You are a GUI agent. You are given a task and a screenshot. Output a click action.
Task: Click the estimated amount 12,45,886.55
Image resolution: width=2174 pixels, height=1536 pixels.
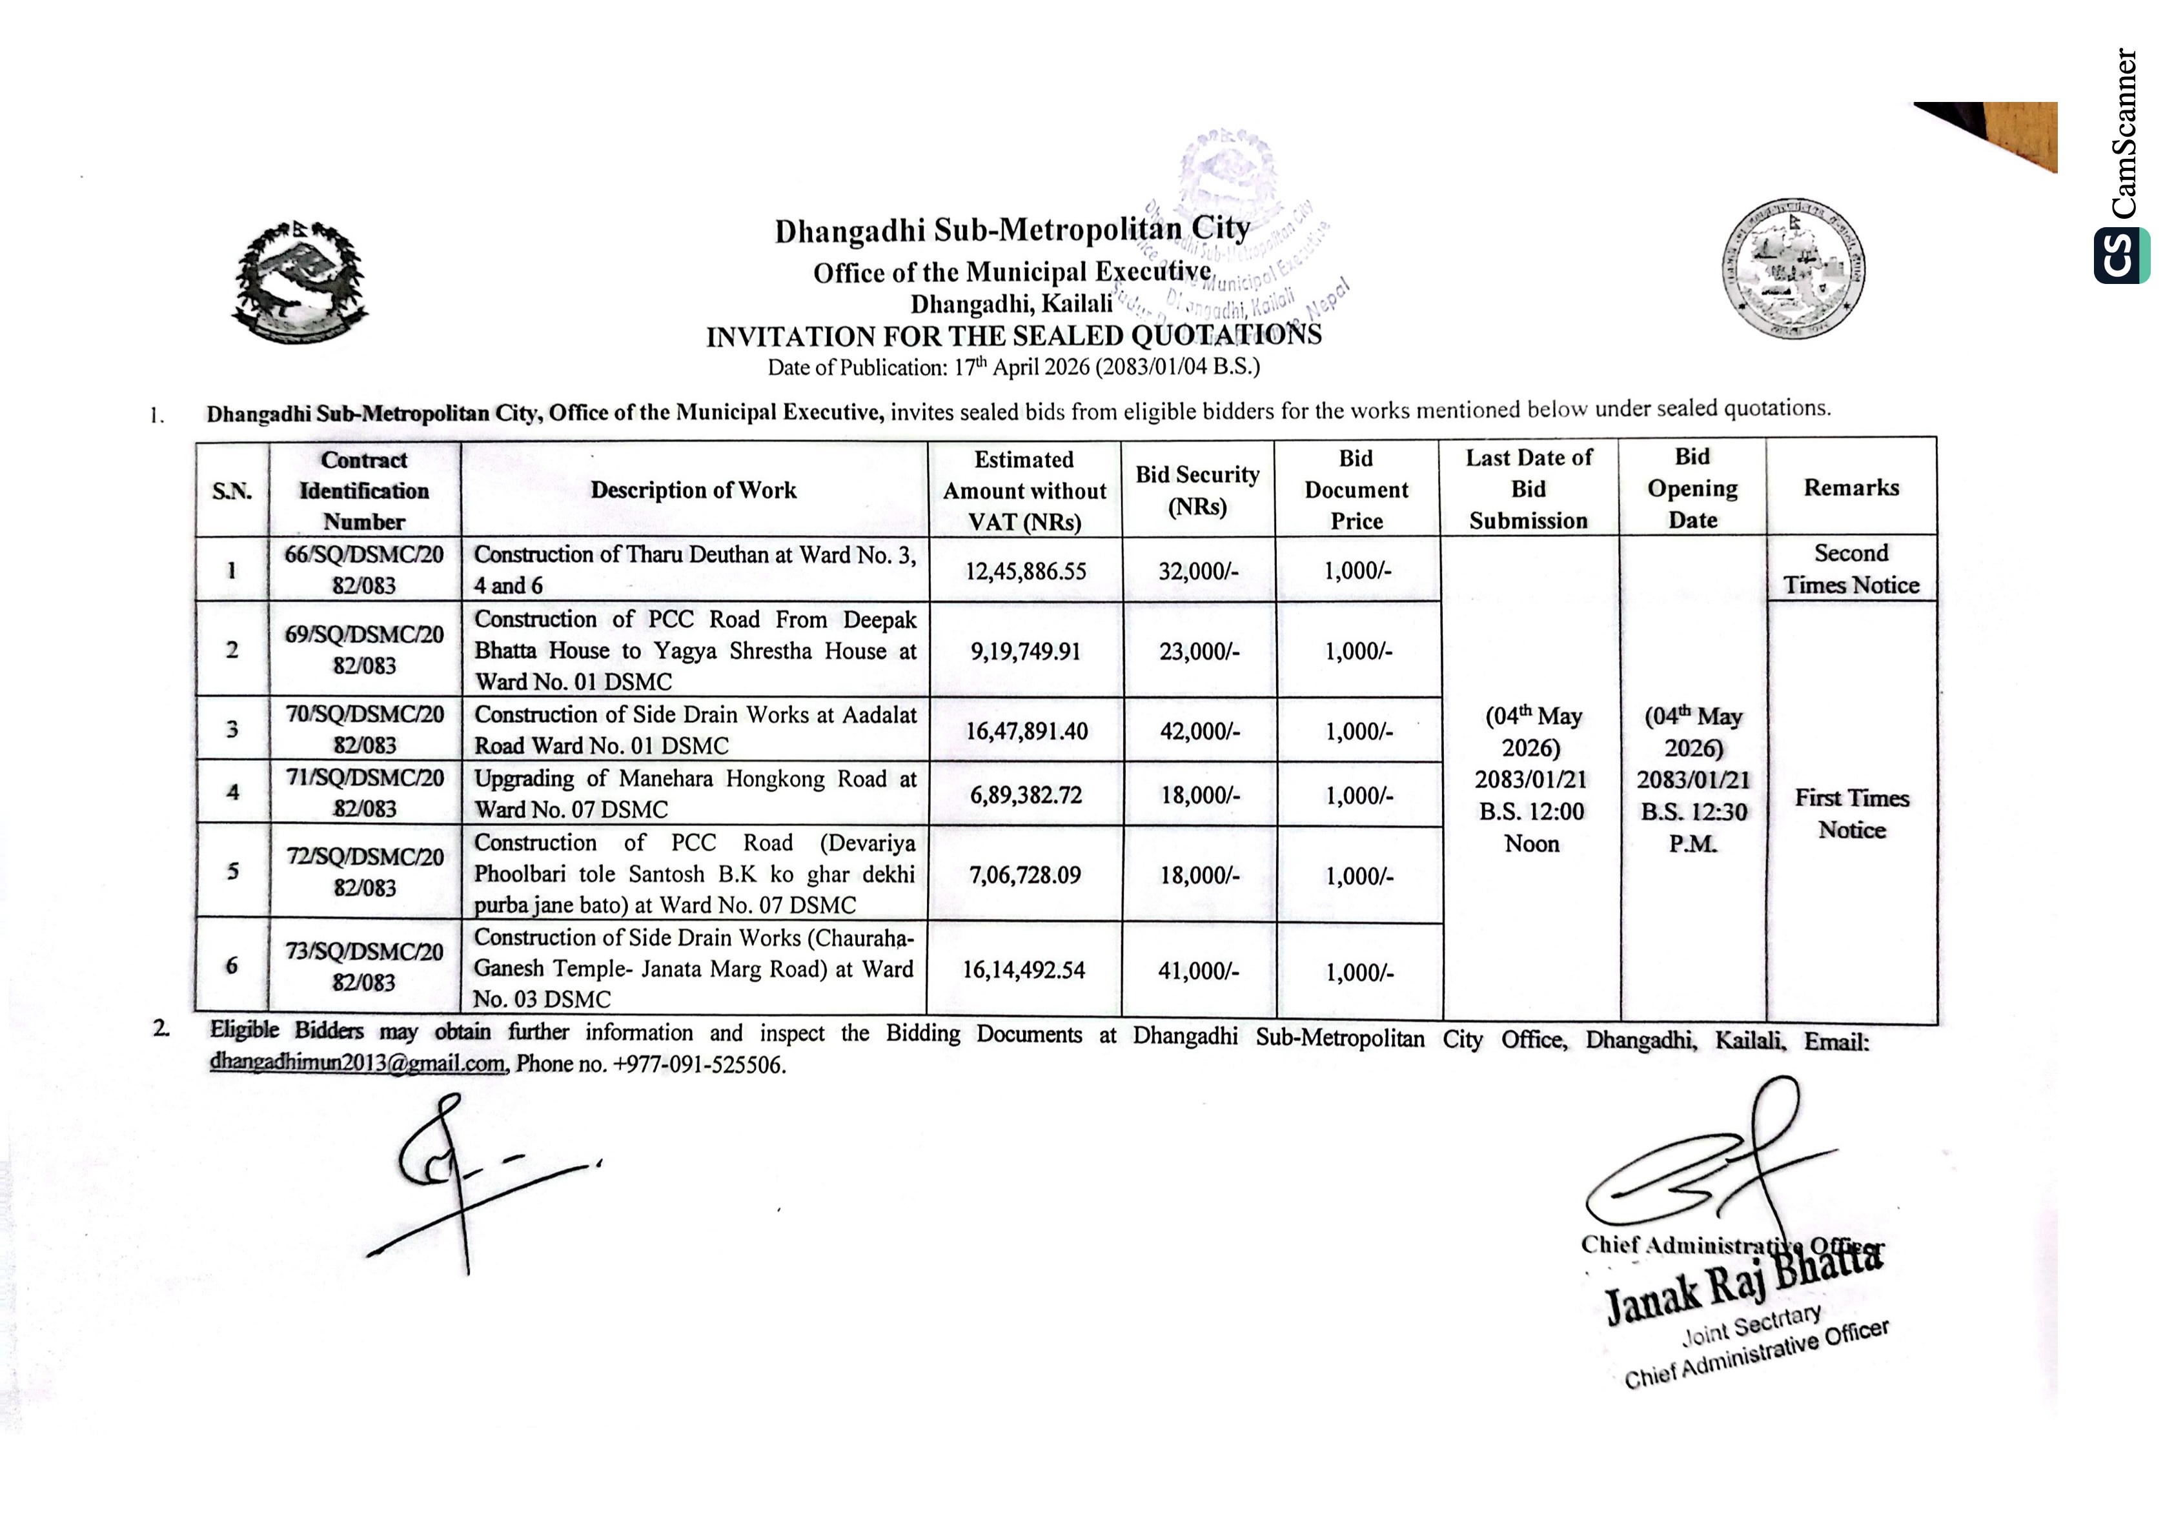[x=1026, y=571]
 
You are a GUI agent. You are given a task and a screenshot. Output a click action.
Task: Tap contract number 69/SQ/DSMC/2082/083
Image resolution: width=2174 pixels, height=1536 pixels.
[x=365, y=650]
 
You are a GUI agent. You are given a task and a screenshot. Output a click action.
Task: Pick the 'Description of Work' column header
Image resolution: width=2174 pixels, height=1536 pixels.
[x=693, y=490]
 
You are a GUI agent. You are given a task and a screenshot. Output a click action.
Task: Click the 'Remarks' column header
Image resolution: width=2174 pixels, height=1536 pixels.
[x=1851, y=488]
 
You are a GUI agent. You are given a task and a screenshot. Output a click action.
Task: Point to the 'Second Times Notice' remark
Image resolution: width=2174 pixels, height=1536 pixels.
[x=1851, y=569]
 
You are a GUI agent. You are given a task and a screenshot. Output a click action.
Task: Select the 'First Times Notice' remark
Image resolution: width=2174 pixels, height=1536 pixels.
[x=1851, y=813]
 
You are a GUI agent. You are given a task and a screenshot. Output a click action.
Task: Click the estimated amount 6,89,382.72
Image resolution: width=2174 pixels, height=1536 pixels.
[x=1026, y=794]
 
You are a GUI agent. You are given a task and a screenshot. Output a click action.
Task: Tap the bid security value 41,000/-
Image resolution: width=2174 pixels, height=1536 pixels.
[x=1198, y=971]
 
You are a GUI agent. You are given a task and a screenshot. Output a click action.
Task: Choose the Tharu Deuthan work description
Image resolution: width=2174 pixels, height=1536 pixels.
[x=694, y=569]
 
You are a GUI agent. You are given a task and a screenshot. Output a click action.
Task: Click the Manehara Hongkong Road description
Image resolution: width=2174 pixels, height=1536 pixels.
[x=694, y=794]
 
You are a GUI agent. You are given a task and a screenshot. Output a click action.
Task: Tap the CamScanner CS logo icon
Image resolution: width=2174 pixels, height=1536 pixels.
[x=2121, y=255]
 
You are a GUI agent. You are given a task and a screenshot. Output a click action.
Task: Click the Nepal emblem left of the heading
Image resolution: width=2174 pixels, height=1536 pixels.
[x=300, y=281]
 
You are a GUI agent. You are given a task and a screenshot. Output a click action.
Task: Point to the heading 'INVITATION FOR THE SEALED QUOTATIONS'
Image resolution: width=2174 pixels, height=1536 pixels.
[x=1013, y=336]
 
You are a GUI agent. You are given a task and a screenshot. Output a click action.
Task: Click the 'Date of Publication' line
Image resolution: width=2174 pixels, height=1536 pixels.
[x=1013, y=367]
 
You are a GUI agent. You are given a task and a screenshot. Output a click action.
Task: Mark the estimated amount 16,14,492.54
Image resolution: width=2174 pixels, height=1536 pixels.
[x=1024, y=970]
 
